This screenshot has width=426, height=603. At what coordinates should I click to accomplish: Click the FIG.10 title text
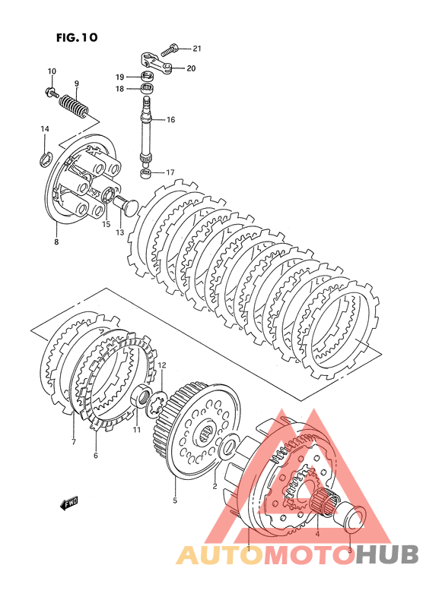tap(77, 37)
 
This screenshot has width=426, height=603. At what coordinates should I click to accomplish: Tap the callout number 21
tap(197, 49)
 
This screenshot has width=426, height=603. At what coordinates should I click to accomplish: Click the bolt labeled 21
tap(170, 49)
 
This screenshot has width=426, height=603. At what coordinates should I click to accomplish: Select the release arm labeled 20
tap(155, 63)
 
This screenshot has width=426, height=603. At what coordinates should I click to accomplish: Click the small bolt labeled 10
tap(51, 92)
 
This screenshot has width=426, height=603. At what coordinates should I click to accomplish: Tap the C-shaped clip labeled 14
tap(44, 159)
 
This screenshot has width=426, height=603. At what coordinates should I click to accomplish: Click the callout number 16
tap(170, 119)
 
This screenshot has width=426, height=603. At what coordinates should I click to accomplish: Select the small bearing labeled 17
tap(145, 172)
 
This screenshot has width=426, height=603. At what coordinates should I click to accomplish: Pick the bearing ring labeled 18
tap(147, 89)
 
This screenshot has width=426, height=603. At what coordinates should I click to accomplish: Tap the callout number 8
tap(56, 242)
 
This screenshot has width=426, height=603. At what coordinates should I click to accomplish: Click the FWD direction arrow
tap(69, 503)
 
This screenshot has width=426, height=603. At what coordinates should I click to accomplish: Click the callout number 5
tap(175, 500)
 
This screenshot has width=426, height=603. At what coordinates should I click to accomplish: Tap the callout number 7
tap(74, 442)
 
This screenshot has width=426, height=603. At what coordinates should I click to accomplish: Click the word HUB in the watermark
tap(386, 554)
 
